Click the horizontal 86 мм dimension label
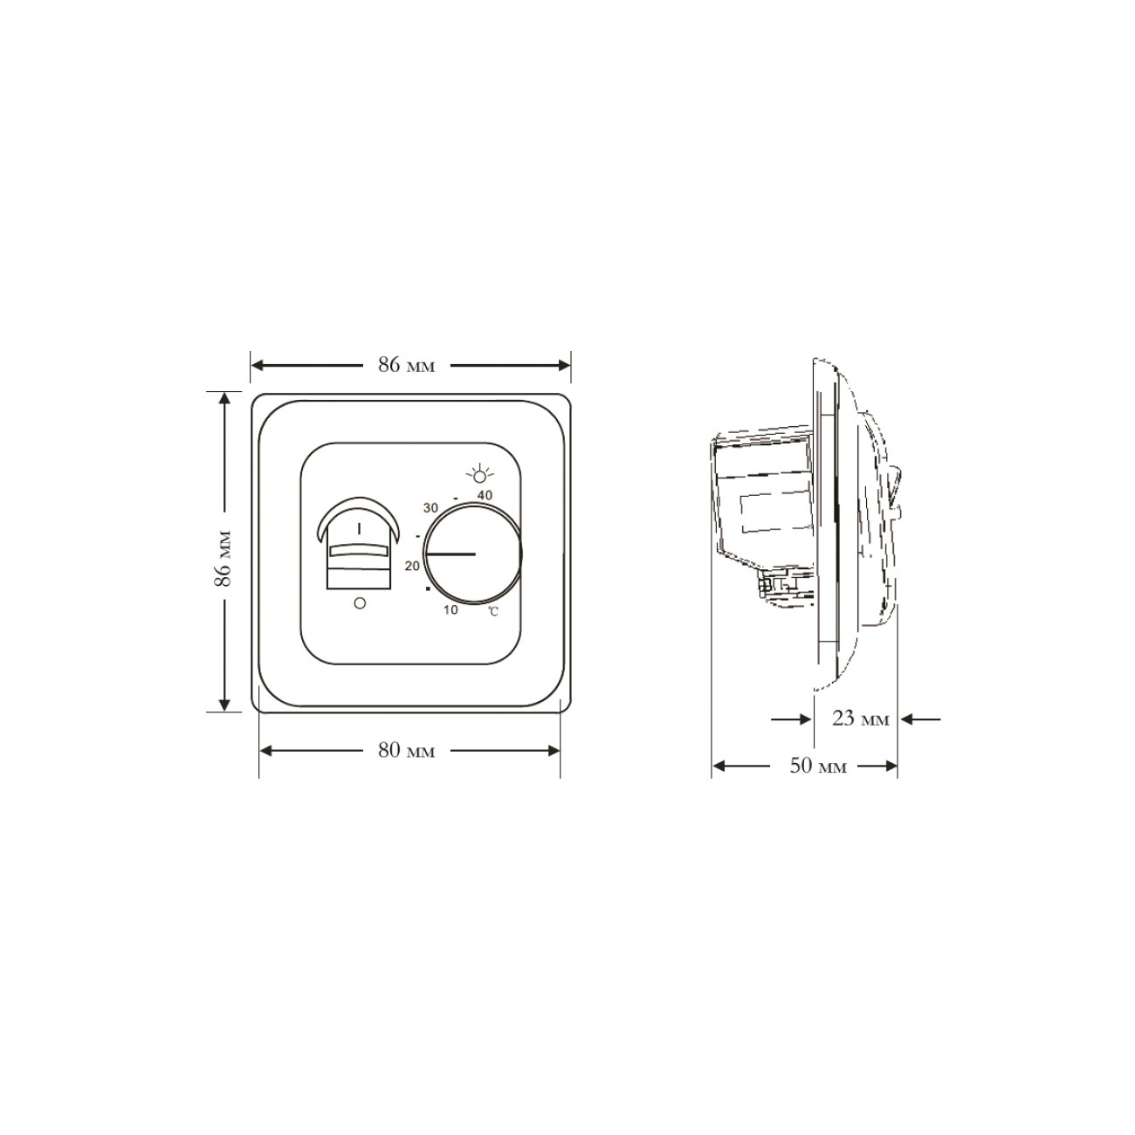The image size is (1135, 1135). pyautogui.click(x=406, y=365)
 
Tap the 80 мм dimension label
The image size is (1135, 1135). pyautogui.click(x=406, y=750)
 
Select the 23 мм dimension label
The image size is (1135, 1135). pyautogui.click(x=861, y=719)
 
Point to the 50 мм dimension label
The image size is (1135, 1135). pyautogui.click(x=818, y=766)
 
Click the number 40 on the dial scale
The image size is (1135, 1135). pyautogui.click(x=485, y=495)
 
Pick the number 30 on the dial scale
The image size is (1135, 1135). pyautogui.click(x=430, y=508)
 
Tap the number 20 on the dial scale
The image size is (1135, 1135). pyautogui.click(x=412, y=566)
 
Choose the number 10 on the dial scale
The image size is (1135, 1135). pyautogui.click(x=451, y=609)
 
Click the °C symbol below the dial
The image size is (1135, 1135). pyautogui.click(x=493, y=612)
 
